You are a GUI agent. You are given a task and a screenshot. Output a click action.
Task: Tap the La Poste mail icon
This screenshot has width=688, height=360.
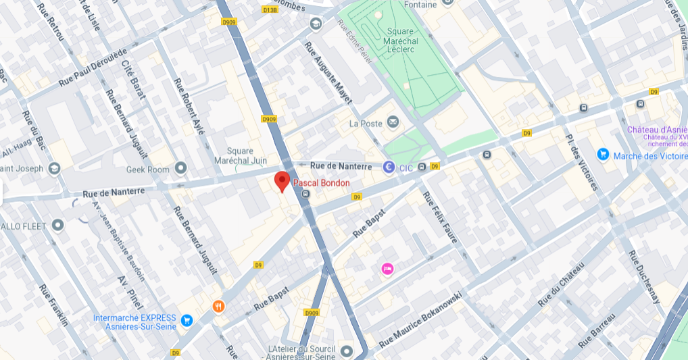pos(393,122)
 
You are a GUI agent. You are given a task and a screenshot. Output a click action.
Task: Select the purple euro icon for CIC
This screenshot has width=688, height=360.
pos(389,166)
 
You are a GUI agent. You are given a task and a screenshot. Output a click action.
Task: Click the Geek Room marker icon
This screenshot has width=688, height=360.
pos(180,168)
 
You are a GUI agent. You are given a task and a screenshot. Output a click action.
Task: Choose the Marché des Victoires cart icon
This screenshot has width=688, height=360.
pos(603,155)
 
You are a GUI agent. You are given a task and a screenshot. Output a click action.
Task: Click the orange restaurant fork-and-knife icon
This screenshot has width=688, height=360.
pos(218,306)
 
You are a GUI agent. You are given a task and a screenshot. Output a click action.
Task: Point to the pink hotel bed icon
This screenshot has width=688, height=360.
pos(387,269)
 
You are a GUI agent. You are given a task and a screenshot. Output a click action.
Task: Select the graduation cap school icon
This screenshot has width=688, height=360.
pos(315,24)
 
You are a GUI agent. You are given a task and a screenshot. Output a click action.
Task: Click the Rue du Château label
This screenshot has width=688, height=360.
pos(560,284)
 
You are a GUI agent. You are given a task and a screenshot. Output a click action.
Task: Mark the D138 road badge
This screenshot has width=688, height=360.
pos(270,10)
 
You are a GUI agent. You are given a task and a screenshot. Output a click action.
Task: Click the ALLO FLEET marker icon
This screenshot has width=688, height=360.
pos(58,224)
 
